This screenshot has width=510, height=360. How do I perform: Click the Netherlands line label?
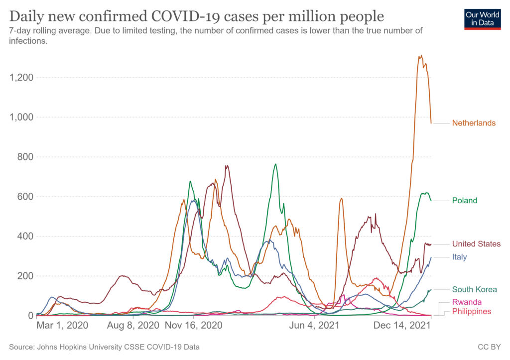tap(474, 123)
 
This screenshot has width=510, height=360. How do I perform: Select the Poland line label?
tap(464, 201)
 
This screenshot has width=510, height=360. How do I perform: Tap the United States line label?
tap(476, 244)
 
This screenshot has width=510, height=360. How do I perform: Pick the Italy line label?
tap(460, 256)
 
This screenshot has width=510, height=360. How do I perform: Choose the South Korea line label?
tap(474, 289)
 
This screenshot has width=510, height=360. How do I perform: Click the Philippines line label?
tap(471, 311)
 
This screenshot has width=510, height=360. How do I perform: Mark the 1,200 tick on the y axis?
tap(20, 78)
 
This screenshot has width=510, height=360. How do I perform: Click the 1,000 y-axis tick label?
tap(20, 118)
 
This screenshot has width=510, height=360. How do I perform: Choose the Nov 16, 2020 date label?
tap(193, 326)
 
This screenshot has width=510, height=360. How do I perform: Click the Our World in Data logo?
tap(482, 18)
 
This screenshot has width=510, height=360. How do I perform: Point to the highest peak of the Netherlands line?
tap(421, 55)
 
